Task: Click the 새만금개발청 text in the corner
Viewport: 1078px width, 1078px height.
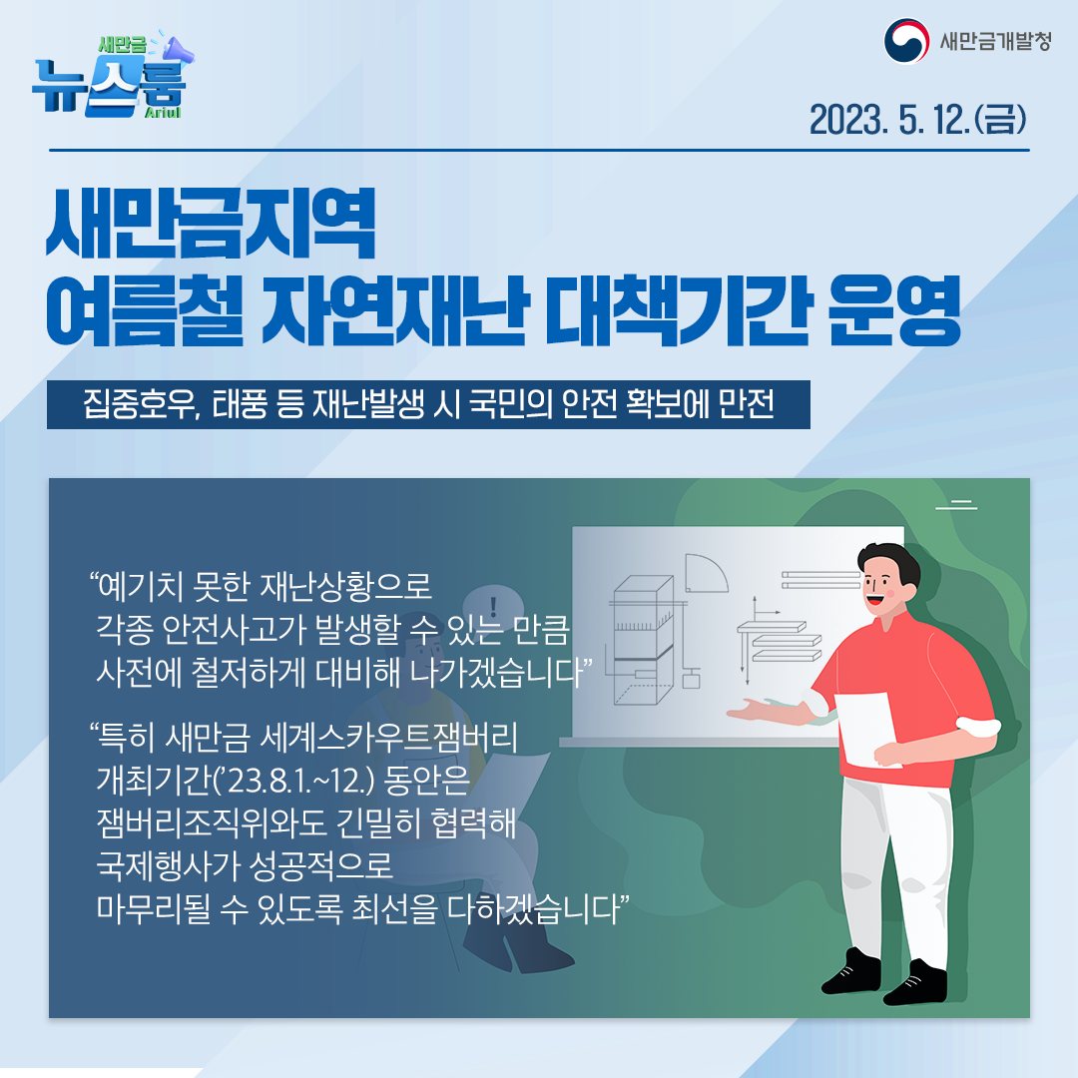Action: click(x=994, y=43)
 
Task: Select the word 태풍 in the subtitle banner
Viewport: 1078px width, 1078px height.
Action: click(x=232, y=408)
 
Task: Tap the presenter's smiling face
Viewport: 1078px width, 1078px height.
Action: click(x=883, y=590)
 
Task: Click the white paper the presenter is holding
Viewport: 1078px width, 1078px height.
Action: click(x=872, y=730)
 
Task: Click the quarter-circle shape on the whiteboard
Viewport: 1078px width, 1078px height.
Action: click(x=710, y=574)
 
